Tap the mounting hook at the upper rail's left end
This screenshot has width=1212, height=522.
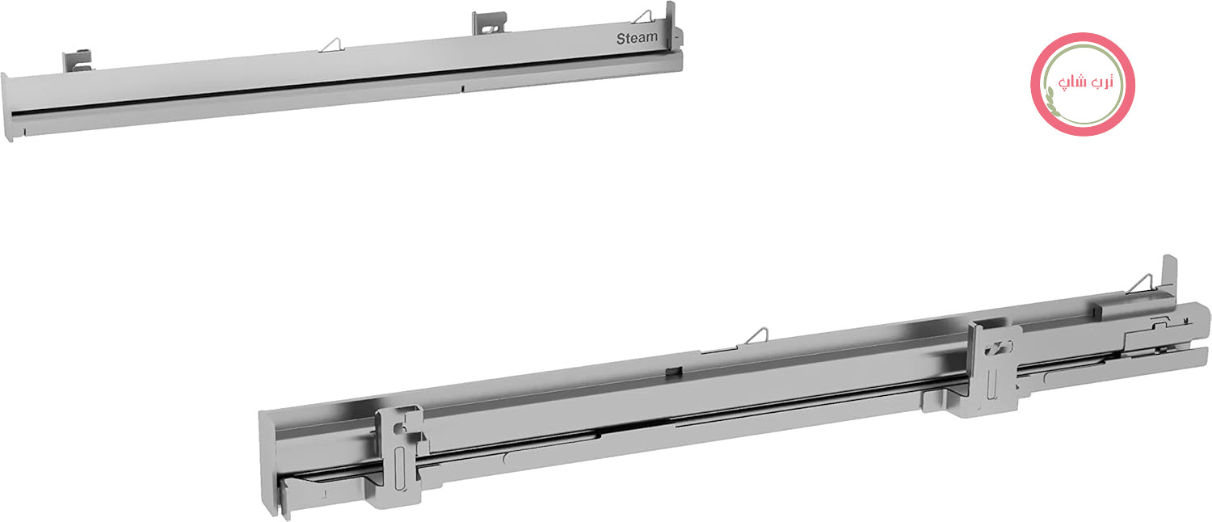[x=78, y=61]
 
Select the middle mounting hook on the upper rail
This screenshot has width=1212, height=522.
[x=489, y=23]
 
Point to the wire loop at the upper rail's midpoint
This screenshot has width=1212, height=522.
[x=331, y=45]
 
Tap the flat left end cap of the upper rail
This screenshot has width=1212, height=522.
[x=6, y=107]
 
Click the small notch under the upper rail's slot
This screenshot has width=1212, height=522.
[x=463, y=88]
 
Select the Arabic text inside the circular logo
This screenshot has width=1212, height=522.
[x=1084, y=82]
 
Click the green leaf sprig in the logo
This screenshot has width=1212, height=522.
[x=1051, y=101]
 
